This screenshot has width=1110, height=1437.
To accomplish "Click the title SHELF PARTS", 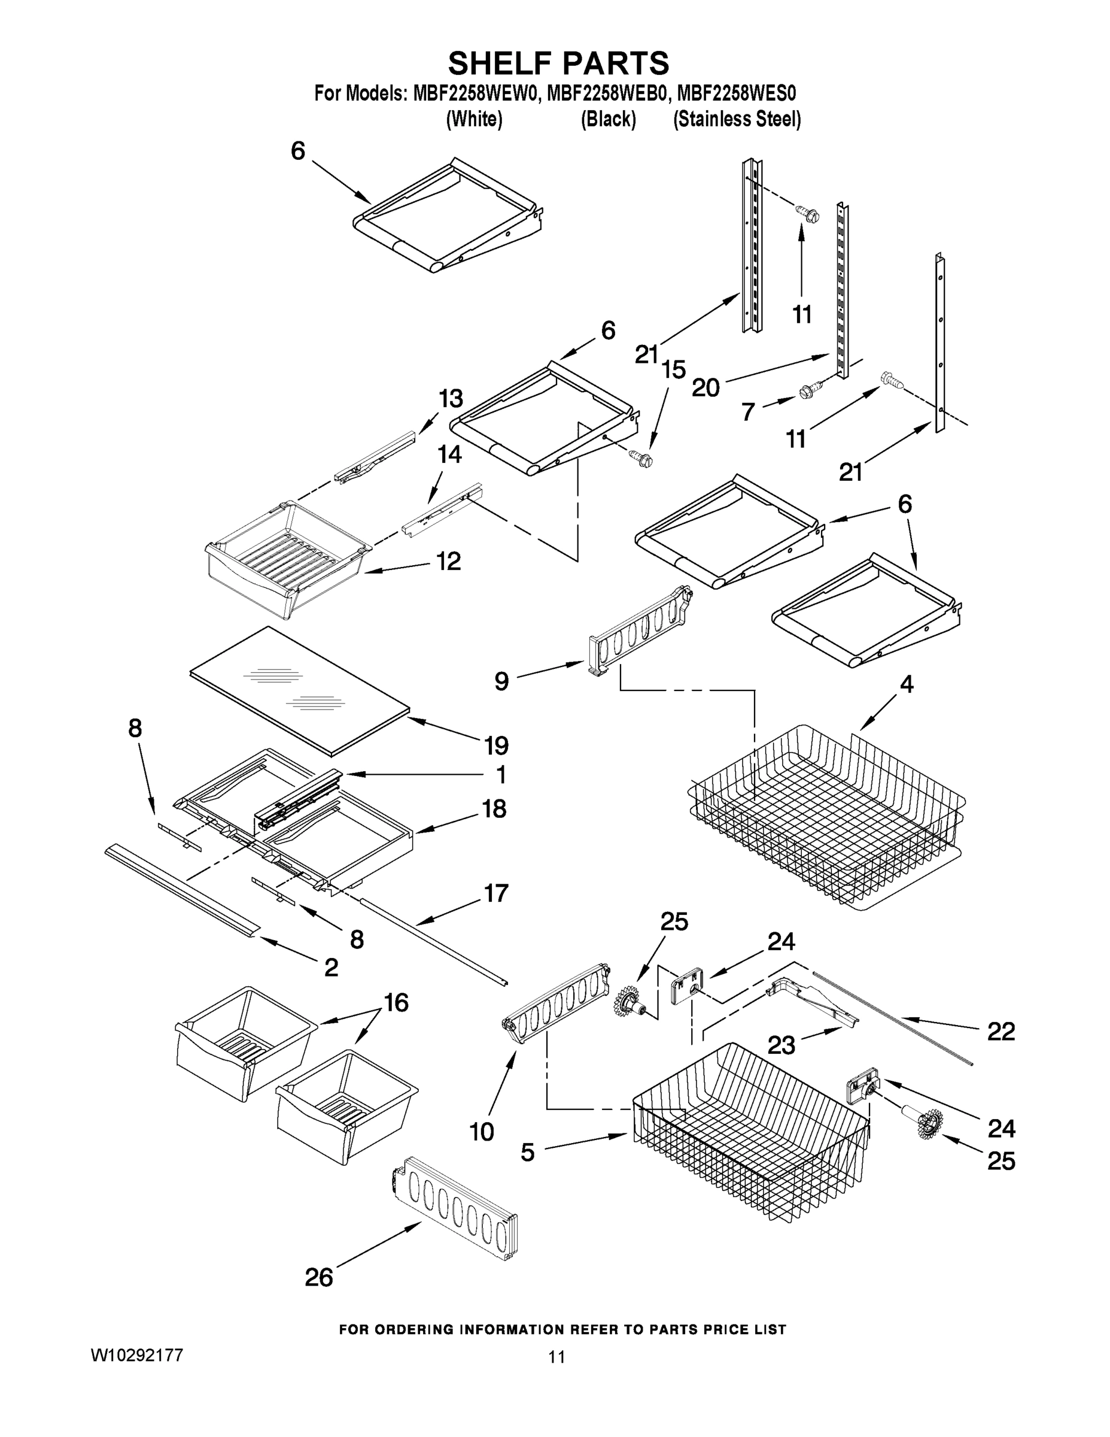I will coord(558,64).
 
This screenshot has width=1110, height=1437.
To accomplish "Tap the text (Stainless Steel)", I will coord(737,120).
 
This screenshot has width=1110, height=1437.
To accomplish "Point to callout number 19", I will coord(497,745).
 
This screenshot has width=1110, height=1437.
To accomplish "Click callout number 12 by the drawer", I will coord(448,561).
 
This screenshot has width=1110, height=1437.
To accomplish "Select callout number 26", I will coord(319,1278).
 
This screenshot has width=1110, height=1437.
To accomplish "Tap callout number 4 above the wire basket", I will coord(906,685).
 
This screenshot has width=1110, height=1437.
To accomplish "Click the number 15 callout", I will coord(673,370).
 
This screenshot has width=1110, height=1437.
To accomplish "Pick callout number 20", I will coord(705,388).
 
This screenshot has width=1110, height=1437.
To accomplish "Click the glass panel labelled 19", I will coord(299,687).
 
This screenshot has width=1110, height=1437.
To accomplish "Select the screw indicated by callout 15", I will coord(640,458).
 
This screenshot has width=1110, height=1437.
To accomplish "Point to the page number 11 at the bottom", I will coord(556,1357).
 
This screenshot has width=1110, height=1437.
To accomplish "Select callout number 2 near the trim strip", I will coord(331,966).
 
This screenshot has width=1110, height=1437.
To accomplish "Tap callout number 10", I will coord(481,1132).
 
